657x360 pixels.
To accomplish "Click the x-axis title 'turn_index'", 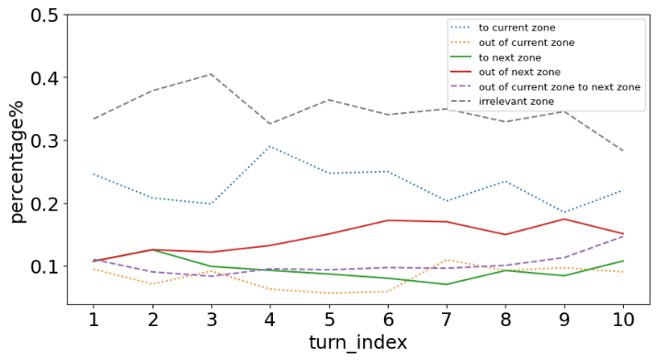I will [358, 343].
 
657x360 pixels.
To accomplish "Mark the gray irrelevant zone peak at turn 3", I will [211, 74].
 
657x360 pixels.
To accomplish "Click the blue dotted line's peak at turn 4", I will [270, 146].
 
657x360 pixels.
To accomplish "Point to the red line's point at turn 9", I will [565, 219].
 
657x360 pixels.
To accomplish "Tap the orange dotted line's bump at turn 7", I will [447, 260].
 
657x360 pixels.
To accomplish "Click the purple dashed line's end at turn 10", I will [624, 236].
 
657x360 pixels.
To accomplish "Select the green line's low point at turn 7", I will [447, 284].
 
